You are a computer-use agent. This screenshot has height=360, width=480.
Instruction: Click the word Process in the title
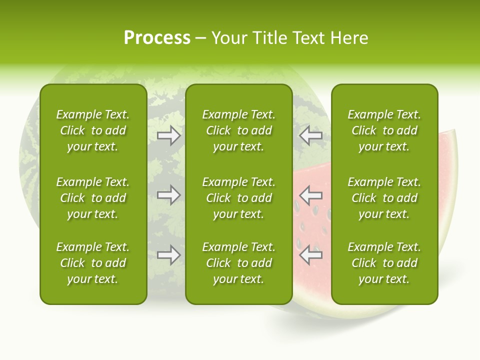click(157, 38)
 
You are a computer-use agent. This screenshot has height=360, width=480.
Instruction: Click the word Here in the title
click(349, 38)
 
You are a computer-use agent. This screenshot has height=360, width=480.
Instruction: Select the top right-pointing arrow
click(168, 135)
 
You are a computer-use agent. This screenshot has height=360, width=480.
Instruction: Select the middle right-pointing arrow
click(168, 195)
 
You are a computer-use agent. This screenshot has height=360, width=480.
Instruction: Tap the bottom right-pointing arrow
click(168, 255)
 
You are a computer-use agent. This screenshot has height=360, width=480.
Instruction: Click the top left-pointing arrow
click(311, 135)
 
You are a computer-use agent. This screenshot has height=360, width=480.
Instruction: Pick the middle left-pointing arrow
click(311, 195)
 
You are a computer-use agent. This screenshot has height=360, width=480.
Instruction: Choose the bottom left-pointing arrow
click(311, 255)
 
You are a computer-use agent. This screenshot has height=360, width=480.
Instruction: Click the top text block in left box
click(93, 130)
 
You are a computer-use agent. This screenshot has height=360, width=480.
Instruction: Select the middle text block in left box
click(93, 198)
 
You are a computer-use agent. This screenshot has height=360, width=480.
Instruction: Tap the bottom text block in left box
click(93, 263)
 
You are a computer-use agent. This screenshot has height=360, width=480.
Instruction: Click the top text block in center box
click(238, 130)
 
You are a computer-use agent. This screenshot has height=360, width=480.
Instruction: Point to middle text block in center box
click(238, 198)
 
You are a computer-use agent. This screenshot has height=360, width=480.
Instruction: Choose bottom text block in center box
click(238, 263)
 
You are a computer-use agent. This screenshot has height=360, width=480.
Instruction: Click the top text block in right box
click(384, 130)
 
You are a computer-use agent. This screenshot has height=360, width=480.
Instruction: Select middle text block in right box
click(384, 198)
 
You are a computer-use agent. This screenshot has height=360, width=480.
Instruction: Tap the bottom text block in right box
click(384, 263)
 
